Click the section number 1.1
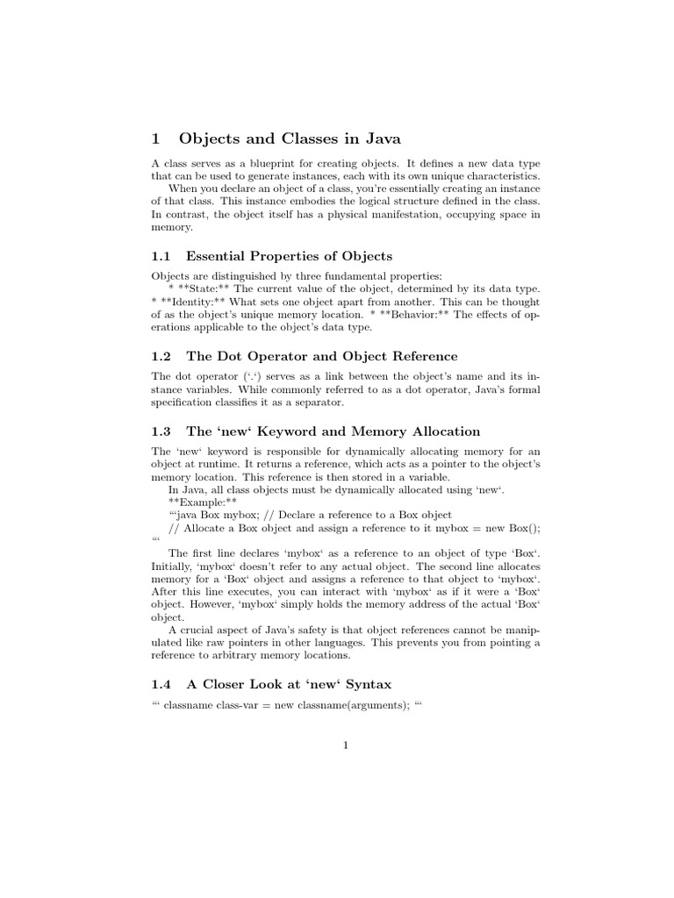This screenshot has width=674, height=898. (x=162, y=256)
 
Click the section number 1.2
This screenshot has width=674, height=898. (x=162, y=356)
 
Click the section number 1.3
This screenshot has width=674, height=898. (x=162, y=431)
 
